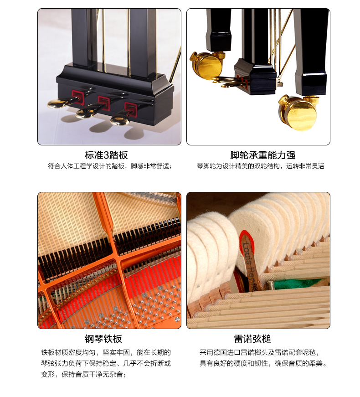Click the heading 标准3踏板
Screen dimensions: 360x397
[106, 155]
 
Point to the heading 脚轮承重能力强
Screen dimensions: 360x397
[262, 155]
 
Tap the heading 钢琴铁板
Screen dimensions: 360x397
[103, 339]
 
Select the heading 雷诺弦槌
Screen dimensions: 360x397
[252, 339]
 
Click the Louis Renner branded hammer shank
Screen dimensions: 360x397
[250, 261]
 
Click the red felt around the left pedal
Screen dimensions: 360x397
[78, 97]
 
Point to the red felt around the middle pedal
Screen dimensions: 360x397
[104, 103]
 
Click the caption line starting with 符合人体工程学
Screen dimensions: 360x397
[110, 166]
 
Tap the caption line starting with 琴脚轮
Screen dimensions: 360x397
[261, 166]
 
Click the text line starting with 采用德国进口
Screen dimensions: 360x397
[259, 352]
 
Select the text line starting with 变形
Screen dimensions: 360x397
[84, 374]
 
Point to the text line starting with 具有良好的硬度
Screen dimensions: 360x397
[263, 363]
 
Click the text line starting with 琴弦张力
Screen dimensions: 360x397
[106, 363]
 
